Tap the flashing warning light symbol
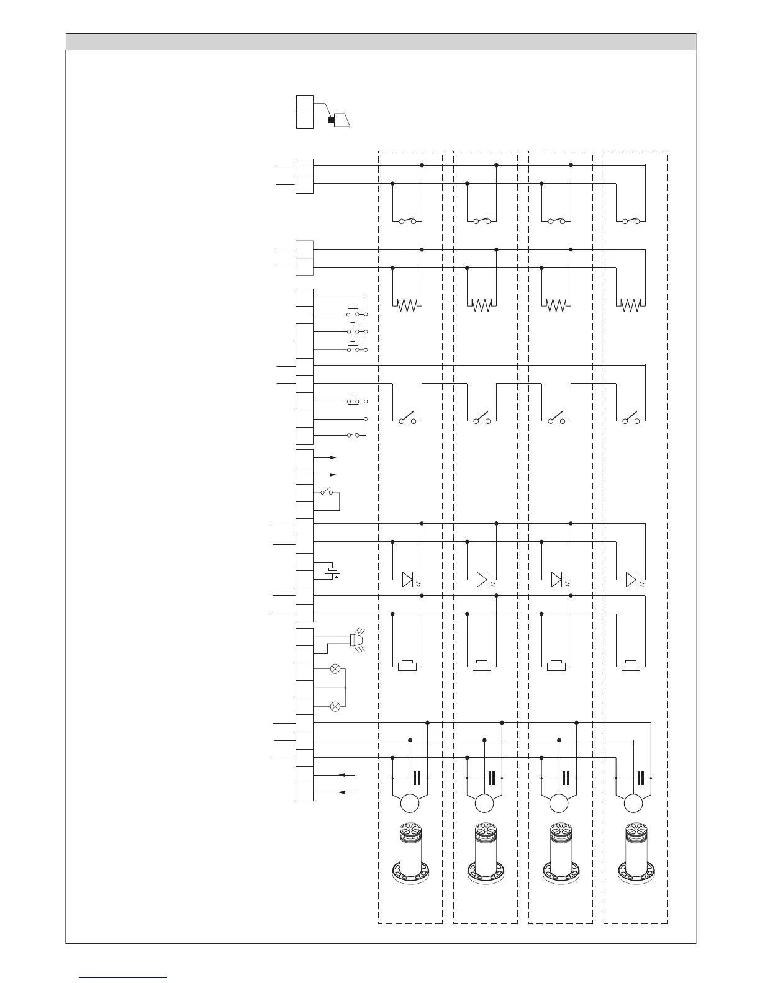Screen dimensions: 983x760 tap(357, 641)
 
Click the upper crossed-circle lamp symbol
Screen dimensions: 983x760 tap(335, 669)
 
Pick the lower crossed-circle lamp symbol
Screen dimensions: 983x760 tap(335, 706)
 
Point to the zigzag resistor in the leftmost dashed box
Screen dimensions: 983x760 tap(407, 305)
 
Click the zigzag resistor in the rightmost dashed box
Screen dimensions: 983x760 tap(631, 305)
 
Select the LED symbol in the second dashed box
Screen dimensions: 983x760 tap(482, 580)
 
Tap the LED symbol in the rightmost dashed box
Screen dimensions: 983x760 tap(631, 580)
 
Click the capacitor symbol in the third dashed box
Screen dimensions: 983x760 tap(566, 778)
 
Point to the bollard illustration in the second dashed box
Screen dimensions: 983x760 tap(484, 853)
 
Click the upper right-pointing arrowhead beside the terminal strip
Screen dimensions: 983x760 tap(333, 457)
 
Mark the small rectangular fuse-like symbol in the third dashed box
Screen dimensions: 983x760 tap(556, 667)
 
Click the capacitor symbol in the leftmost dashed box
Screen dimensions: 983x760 tap(417, 778)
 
